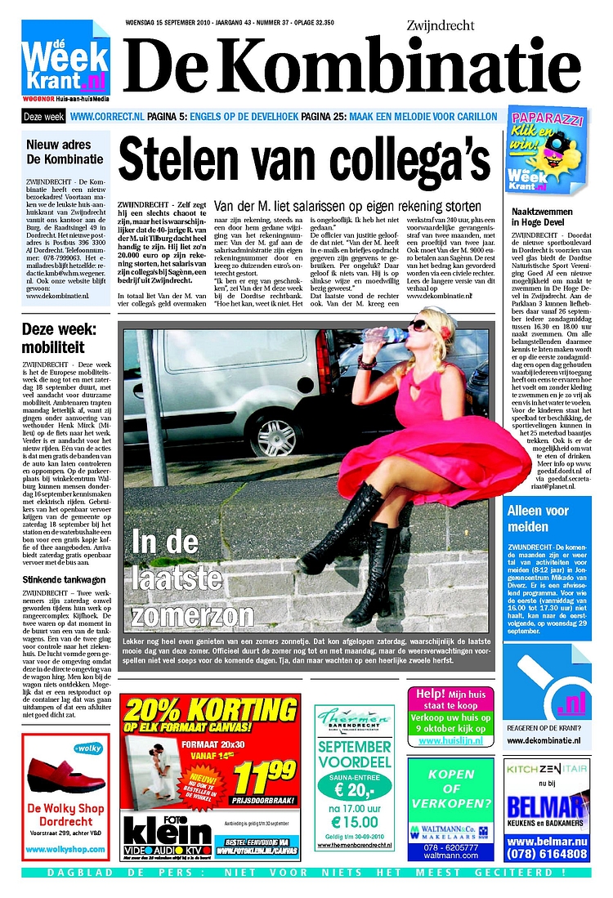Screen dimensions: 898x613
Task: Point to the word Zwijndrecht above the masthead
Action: pyautogui.click(x=440, y=26)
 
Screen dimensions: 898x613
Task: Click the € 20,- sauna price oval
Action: pyautogui.click(x=354, y=789)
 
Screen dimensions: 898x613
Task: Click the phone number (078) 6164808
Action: pyautogui.click(x=546, y=854)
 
